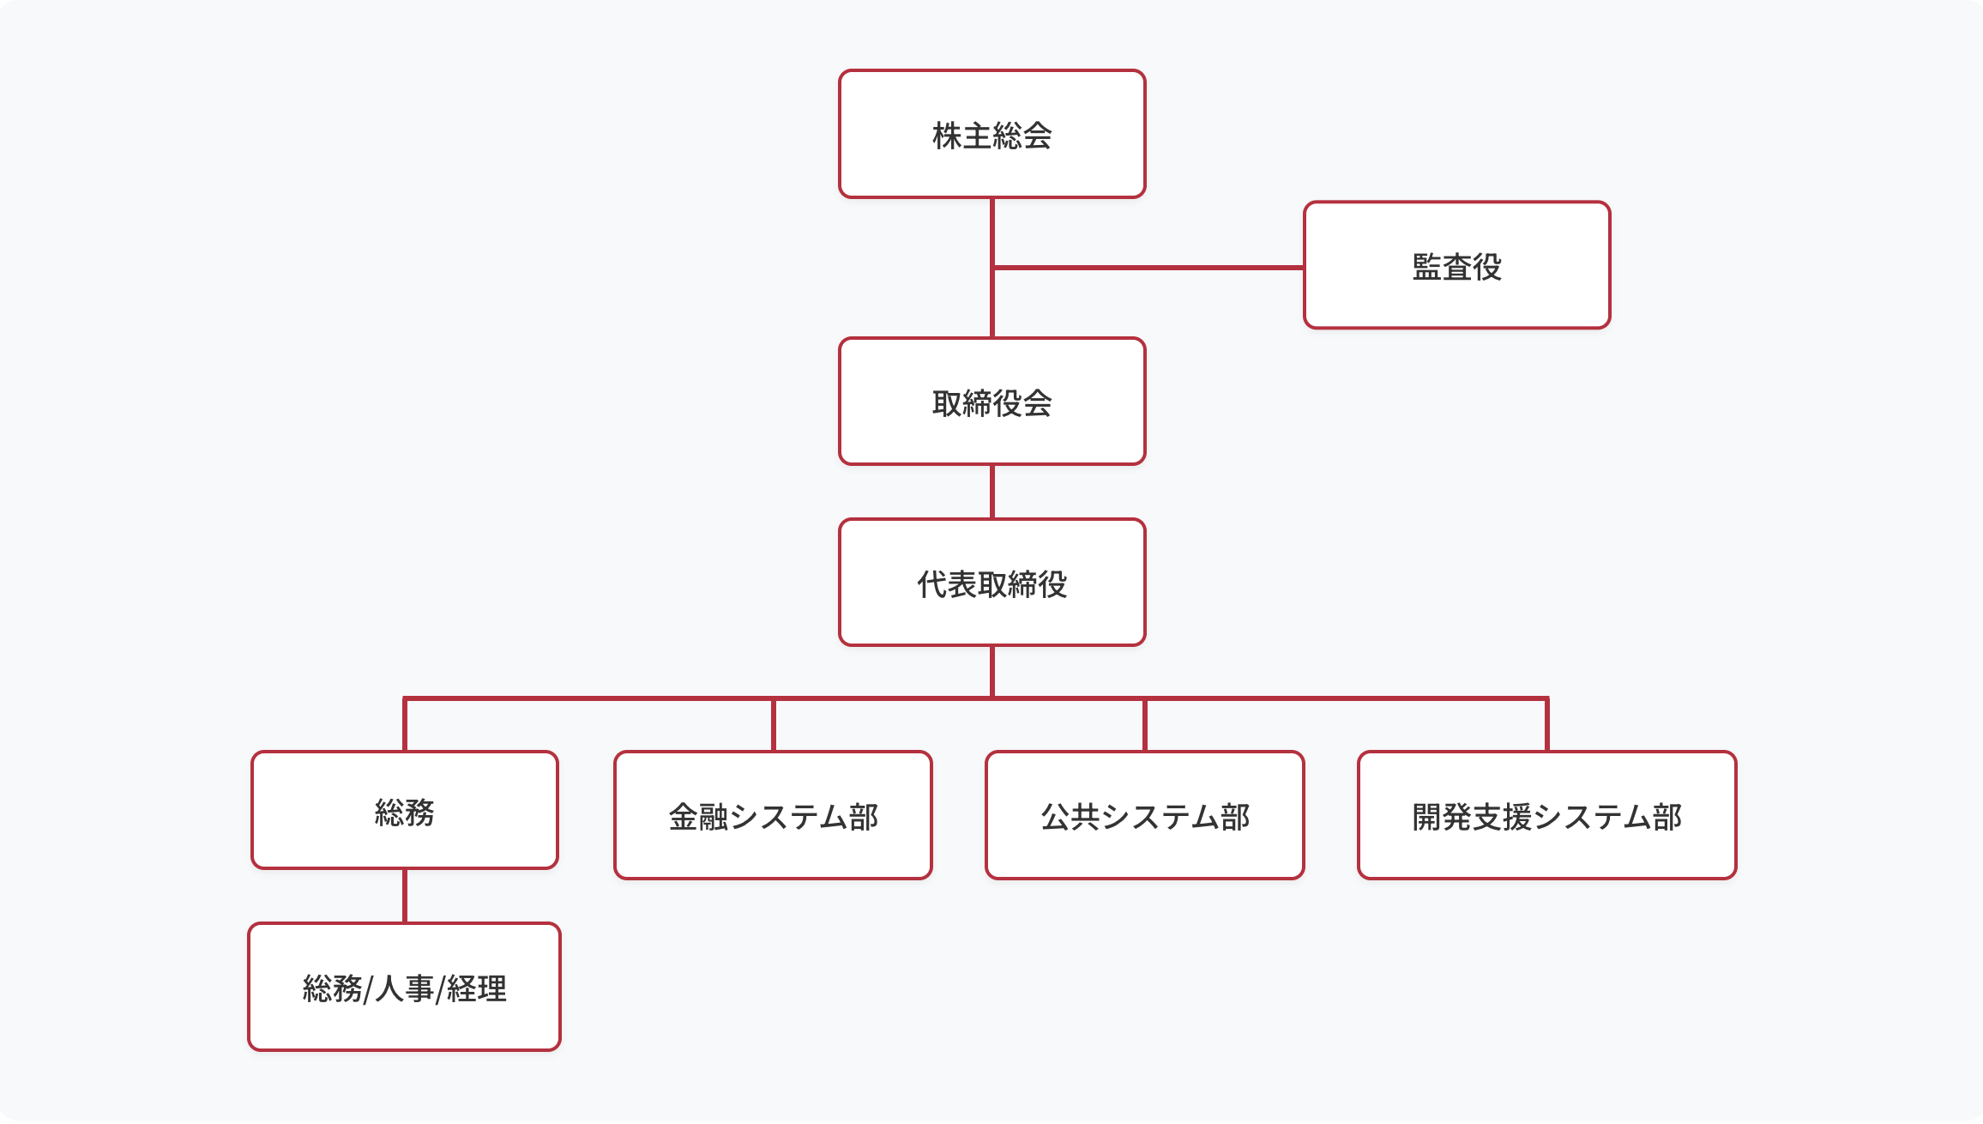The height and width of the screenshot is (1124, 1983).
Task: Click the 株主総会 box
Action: point(991,135)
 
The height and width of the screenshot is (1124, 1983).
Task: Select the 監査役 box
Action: point(1456,266)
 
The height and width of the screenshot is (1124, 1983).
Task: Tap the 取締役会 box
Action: point(991,402)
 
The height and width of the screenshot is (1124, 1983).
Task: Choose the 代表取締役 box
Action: point(991,583)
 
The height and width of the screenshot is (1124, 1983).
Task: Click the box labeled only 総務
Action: point(404,811)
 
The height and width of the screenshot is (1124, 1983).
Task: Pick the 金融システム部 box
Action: point(773,815)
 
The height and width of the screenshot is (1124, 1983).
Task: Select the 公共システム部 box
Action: point(1144,815)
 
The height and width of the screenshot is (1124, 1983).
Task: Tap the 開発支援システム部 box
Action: point(1546,815)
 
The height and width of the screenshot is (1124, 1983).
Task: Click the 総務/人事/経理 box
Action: point(404,987)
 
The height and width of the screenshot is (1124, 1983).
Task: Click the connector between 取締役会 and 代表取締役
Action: point(992,492)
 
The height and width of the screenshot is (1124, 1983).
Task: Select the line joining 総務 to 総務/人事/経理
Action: point(405,896)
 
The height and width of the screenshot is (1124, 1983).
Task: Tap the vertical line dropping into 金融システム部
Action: point(774,726)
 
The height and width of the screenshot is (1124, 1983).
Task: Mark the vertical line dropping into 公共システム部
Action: point(1145,726)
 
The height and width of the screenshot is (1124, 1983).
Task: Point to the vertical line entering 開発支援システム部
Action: point(1547,726)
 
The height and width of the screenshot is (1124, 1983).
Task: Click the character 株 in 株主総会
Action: point(947,136)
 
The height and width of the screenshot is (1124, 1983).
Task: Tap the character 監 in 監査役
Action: point(1426,267)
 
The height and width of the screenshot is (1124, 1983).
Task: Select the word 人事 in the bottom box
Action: point(405,988)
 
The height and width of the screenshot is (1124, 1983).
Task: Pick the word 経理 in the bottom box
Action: point(477,988)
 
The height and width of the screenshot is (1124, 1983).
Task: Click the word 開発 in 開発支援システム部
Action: point(1442,817)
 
